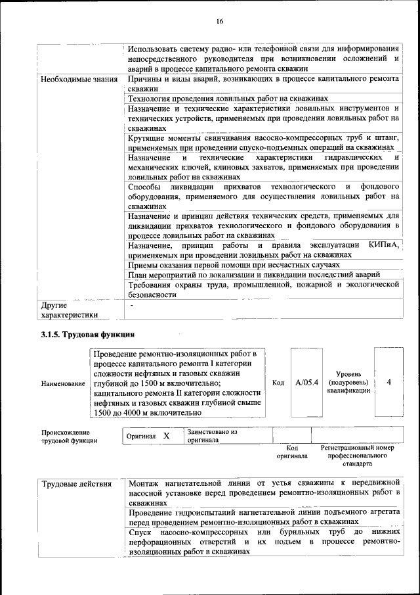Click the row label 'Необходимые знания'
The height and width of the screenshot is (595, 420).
click(79, 80)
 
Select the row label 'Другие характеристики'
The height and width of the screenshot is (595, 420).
click(69, 310)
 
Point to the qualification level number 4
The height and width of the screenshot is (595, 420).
click(389, 382)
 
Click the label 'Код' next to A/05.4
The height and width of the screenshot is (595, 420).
click(277, 382)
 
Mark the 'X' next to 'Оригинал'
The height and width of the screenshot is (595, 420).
click(166, 436)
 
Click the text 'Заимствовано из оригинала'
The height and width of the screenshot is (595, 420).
click(211, 436)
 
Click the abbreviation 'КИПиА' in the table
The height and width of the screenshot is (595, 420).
click(384, 245)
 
